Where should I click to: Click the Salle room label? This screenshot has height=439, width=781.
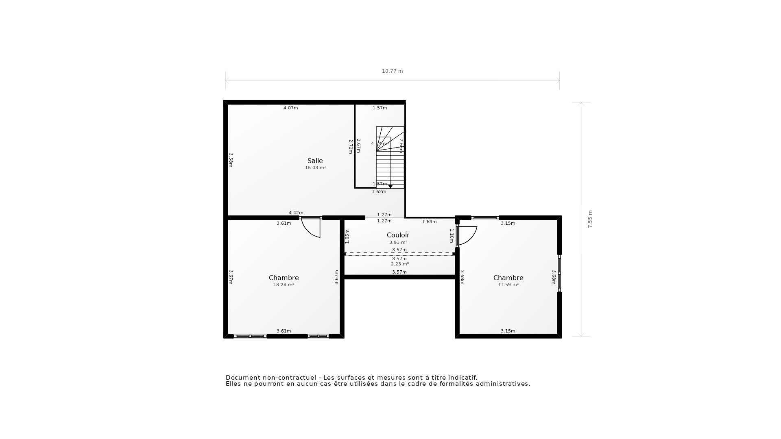pos(315,161)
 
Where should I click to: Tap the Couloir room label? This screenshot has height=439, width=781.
pos(398,235)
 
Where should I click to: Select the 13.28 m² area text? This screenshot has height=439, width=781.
pos(284,285)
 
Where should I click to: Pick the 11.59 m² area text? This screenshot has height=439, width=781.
pos(508,285)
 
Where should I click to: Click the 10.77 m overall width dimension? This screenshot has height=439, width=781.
pos(392,71)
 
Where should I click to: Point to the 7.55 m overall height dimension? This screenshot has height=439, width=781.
pos(590,219)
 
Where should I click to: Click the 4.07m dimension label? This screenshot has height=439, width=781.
pos(290,108)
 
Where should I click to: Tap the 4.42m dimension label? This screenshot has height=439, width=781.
pos(296,213)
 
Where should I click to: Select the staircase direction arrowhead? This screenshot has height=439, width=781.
pos(390,186)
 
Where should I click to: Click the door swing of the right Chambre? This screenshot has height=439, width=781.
pos(468,236)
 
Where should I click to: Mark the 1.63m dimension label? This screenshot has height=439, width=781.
pos(429,222)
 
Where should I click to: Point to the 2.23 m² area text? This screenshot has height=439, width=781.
pos(399,264)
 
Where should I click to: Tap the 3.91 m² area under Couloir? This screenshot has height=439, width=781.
pos(398,242)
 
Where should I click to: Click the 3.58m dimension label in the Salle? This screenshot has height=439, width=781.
pos(231,160)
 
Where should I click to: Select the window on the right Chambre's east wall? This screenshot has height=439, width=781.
pos(559,273)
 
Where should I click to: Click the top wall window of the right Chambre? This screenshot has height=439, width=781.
pos(485,218)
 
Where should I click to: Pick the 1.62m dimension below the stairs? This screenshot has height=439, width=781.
pos(379,191)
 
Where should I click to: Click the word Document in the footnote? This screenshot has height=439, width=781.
pos(243,378)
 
